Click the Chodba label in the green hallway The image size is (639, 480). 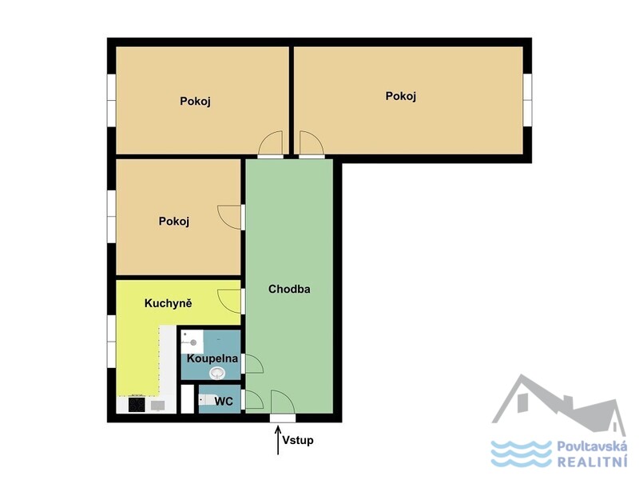(289, 289)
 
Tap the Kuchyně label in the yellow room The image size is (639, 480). (168, 303)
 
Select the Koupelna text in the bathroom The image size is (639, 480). (212, 358)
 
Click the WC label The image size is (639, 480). (224, 402)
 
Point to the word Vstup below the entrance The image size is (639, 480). (298, 440)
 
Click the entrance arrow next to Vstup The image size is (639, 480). (278, 440)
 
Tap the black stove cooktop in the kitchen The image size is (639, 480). (137, 405)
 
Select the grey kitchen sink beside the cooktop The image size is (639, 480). (157, 406)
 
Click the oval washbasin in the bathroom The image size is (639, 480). (216, 372)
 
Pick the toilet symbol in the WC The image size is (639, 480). (206, 399)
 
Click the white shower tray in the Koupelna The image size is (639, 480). (192, 342)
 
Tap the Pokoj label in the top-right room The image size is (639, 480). (401, 96)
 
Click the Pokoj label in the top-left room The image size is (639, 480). (195, 102)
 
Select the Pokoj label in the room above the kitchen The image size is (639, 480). (174, 222)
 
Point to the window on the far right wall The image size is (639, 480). (527, 100)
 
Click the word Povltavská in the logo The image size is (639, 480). (592, 446)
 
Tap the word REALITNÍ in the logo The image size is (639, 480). (592, 462)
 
